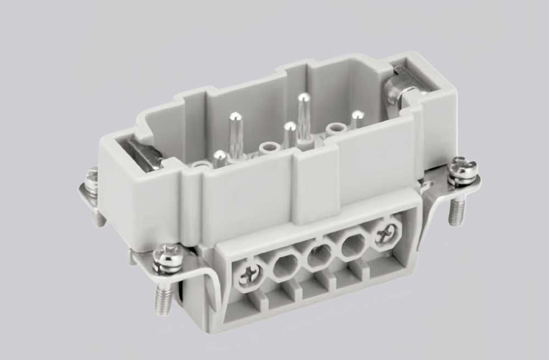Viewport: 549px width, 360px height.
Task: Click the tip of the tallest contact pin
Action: pyautogui.click(x=304, y=98)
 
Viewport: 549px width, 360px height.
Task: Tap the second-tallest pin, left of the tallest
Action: pyautogui.click(x=236, y=117)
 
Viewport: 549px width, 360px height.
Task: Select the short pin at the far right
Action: pyautogui.click(x=357, y=115)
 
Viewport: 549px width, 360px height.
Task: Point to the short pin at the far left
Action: pyautogui.click(x=220, y=156)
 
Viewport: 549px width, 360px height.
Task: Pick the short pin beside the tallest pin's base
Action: pyautogui.click(x=289, y=128)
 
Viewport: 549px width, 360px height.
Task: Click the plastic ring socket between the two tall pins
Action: pyautogui.click(x=269, y=148)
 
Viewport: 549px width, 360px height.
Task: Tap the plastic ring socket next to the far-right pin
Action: pyautogui.click(x=336, y=128)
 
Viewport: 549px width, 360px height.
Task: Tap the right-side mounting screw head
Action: pyautogui.click(x=462, y=168)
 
